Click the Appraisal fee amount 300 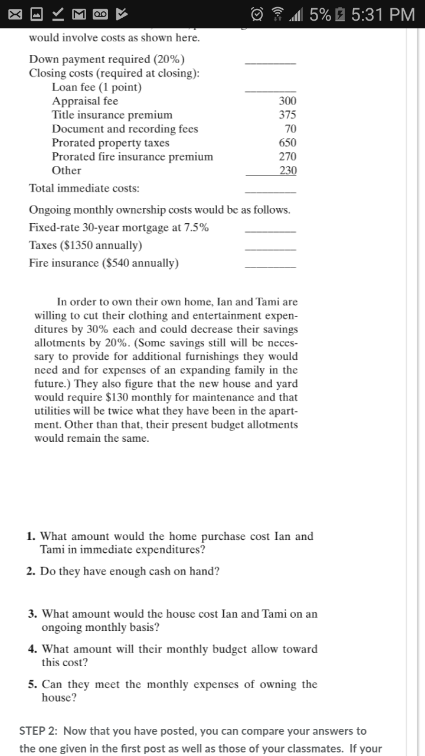[x=288, y=101]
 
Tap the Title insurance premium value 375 [x=288, y=115]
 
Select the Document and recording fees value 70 [x=290, y=129]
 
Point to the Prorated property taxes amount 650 [x=288, y=143]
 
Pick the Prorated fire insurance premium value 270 [x=288, y=157]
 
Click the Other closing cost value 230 [x=288, y=171]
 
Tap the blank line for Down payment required [x=270, y=62]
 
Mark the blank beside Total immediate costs [x=270, y=191]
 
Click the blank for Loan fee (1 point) [x=270, y=90]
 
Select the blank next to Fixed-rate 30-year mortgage [x=270, y=231]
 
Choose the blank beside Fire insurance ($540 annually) [x=270, y=266]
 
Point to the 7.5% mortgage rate [x=197, y=228]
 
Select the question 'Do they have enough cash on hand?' [x=130, y=572]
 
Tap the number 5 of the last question [x=32, y=685]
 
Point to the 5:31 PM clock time [x=383, y=14]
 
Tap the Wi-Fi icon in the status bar [x=273, y=14]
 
